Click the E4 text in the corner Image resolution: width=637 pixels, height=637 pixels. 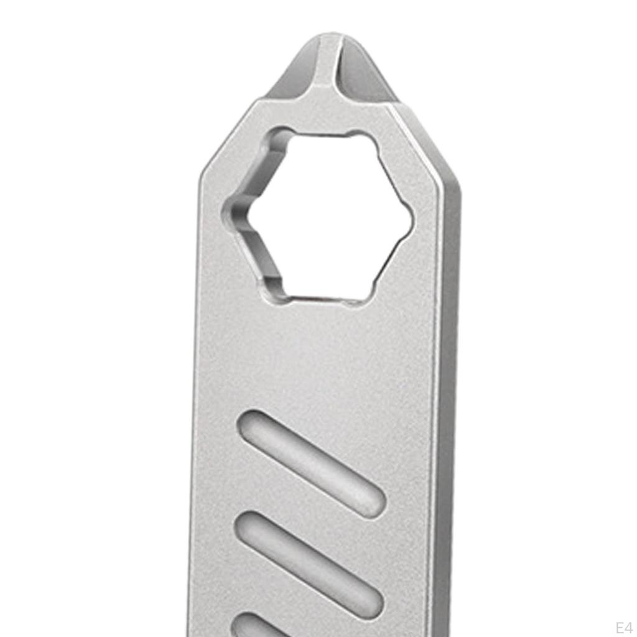(x=623, y=627)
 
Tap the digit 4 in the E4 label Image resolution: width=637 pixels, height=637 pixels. (x=628, y=627)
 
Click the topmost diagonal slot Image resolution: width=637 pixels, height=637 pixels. (x=311, y=462)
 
